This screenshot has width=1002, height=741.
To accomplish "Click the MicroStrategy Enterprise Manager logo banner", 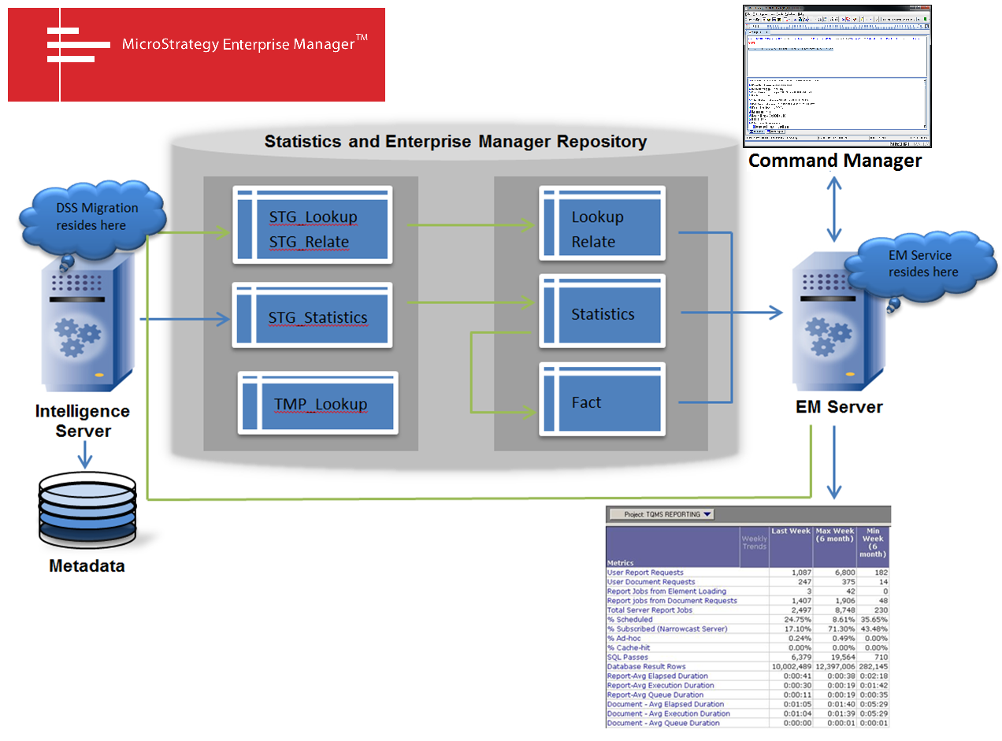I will (196, 55).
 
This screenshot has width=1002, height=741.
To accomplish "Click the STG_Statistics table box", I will (312, 316).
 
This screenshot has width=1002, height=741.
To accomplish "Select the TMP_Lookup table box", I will (318, 402).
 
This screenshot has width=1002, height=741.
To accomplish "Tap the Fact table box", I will (603, 400).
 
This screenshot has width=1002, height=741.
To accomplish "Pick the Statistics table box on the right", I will (603, 313).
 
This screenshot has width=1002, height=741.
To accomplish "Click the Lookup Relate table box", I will (603, 224).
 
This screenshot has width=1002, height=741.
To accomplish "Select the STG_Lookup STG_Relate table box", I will (312, 224).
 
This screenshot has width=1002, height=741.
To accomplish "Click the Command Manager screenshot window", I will (836, 75).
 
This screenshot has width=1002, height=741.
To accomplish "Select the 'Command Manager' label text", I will (834, 161).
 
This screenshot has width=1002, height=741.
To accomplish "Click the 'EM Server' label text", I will (837, 407).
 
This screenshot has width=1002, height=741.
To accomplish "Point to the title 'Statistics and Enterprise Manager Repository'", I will (455, 142).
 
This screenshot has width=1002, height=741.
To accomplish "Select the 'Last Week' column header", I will (791, 532).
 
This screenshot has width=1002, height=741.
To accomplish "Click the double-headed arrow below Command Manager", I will (833, 209).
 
